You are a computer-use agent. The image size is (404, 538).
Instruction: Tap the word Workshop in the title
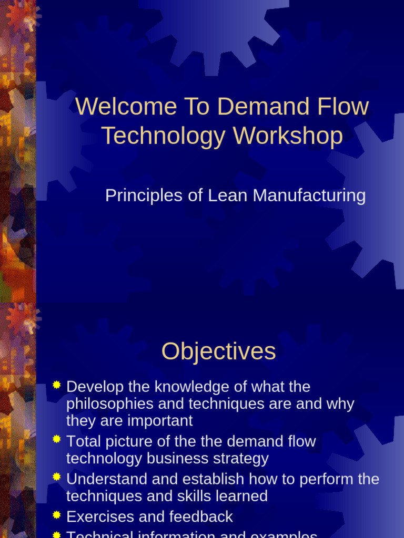click(x=288, y=136)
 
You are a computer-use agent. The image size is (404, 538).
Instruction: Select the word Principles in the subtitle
click(x=136, y=196)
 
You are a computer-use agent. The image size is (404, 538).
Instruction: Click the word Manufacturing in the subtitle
click(x=309, y=196)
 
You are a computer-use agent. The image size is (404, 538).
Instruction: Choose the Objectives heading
click(x=218, y=351)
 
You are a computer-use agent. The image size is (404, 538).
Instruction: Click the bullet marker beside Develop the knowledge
click(x=57, y=386)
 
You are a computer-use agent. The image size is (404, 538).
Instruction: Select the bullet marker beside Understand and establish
click(x=57, y=478)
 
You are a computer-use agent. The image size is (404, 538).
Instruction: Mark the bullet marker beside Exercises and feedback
click(x=57, y=515)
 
